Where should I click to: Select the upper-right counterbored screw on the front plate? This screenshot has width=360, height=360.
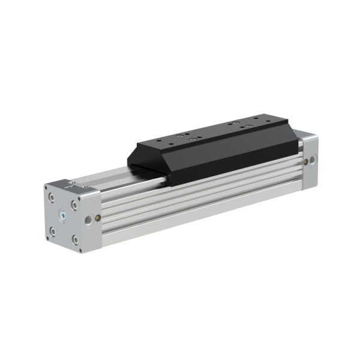click(x=74, y=205)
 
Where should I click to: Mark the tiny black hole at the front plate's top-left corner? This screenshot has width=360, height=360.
click(x=47, y=188)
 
